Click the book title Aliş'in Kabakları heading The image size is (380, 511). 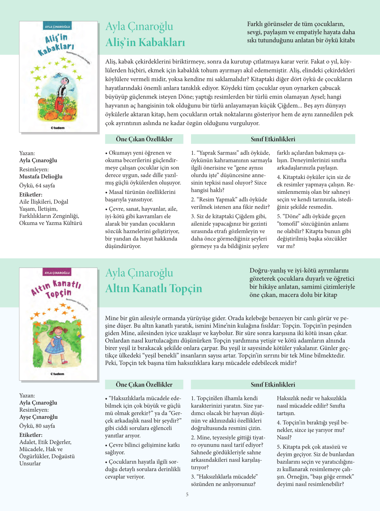145,42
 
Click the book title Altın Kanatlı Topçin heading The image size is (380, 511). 153,288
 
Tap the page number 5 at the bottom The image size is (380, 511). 187,494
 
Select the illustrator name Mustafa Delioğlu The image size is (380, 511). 41,177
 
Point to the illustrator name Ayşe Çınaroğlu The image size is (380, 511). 38,417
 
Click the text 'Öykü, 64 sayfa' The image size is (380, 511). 37,185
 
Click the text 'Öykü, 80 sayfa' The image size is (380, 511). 37,426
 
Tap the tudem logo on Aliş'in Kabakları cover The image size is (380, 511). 58,128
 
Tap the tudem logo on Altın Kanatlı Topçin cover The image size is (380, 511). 58,374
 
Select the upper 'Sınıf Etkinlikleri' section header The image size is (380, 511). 273,139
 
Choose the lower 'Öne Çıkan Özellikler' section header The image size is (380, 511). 144,384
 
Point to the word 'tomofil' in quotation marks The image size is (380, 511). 288,224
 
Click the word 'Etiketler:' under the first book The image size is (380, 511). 31,195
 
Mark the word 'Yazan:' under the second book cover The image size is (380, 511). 27,395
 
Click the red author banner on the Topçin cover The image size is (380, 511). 57,272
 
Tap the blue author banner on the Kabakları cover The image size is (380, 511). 58,26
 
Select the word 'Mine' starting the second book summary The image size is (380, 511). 112,318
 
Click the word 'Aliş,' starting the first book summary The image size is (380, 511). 111,62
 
